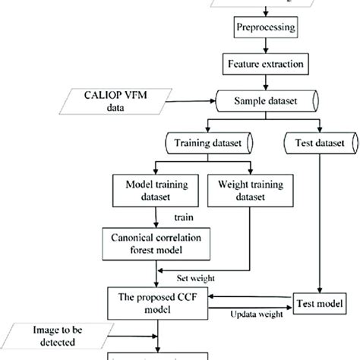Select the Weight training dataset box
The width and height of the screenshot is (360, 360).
(x=242, y=189)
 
